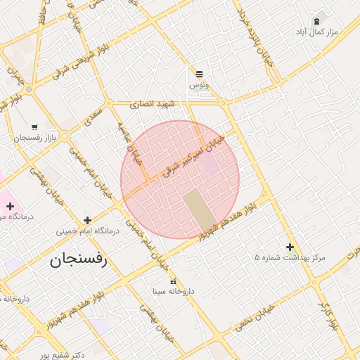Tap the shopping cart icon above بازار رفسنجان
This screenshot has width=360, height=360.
(x=34, y=127)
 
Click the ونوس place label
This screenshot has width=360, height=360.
(x=199, y=85)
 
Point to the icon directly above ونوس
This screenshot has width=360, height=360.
(x=199, y=74)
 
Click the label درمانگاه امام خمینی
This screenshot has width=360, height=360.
(x=87, y=231)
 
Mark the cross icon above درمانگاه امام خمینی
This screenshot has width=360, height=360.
(x=87, y=220)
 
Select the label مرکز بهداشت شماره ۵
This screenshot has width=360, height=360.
(x=290, y=258)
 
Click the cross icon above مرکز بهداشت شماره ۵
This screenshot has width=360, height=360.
(x=290, y=247)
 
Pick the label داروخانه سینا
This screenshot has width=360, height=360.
(x=174, y=290)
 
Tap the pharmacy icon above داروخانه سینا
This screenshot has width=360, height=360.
(x=174, y=281)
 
